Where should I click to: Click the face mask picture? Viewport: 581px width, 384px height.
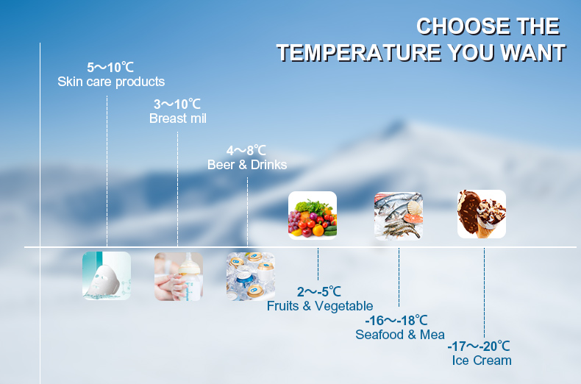[x=107, y=276]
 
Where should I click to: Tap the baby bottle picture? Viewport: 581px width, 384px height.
[x=179, y=277]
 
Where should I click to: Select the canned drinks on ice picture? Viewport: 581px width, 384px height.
[x=251, y=277]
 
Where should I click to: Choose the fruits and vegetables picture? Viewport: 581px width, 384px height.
[x=313, y=216]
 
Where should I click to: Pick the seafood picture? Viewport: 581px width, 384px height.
[x=399, y=216]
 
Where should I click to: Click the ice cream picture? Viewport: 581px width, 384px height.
[x=482, y=214]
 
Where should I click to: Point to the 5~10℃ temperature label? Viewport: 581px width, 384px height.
[x=110, y=68]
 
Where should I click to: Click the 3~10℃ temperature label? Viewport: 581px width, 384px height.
[x=177, y=104]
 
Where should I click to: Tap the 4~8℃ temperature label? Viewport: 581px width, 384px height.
[x=246, y=151]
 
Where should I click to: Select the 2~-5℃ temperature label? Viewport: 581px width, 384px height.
[x=319, y=292]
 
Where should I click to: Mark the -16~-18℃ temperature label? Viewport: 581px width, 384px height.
[x=396, y=320]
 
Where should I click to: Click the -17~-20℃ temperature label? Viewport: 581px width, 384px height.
[x=479, y=346]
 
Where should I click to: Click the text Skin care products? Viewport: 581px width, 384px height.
[x=111, y=82]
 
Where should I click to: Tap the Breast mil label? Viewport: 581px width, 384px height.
[x=178, y=118]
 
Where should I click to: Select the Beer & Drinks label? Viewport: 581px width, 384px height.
[x=247, y=165]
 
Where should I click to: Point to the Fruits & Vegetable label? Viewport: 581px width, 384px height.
[x=320, y=306]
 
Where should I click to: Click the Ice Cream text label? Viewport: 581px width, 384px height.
[x=482, y=360]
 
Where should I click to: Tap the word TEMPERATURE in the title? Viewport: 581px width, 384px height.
[x=359, y=52]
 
